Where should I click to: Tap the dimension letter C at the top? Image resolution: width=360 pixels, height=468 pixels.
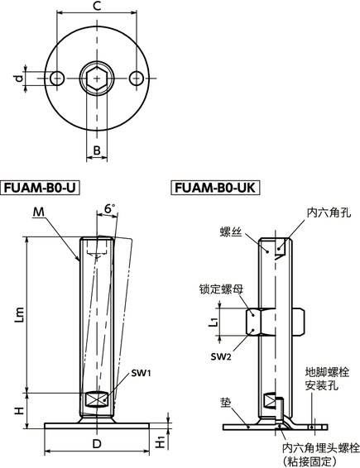(97, 7)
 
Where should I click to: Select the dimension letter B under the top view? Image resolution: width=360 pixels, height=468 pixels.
(97, 151)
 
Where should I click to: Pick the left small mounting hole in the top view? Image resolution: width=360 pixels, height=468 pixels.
(56, 78)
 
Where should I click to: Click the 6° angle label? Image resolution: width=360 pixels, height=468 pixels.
(111, 210)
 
